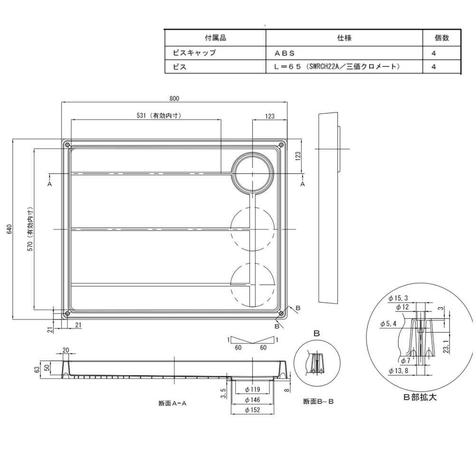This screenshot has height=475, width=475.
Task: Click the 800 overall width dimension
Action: (x=174, y=98)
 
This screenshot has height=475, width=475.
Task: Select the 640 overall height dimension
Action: (x=9, y=229)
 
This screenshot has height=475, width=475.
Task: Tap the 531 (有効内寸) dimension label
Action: (x=159, y=115)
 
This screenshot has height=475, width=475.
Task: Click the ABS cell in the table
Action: (x=285, y=53)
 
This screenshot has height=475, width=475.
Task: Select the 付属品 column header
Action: (x=215, y=38)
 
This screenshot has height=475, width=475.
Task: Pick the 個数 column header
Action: (x=442, y=38)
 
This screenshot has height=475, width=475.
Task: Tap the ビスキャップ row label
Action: (x=194, y=53)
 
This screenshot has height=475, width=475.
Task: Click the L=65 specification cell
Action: (x=337, y=66)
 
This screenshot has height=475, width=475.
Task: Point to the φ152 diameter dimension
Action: (x=253, y=410)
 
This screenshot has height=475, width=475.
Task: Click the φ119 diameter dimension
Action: (x=253, y=389)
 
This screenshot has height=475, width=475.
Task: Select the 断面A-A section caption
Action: (x=172, y=403)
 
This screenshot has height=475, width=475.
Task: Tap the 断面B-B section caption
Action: (x=318, y=401)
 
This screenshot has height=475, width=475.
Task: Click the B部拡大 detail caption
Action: (x=420, y=397)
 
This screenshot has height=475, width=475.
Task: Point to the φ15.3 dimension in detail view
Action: (x=399, y=298)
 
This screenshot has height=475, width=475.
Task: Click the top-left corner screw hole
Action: (x=67, y=145)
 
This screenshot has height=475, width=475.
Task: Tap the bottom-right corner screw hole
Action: (x=281, y=313)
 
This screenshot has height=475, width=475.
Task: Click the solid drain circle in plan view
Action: (x=253, y=173)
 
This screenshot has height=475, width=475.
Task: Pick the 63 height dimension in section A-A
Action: (x=37, y=370)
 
